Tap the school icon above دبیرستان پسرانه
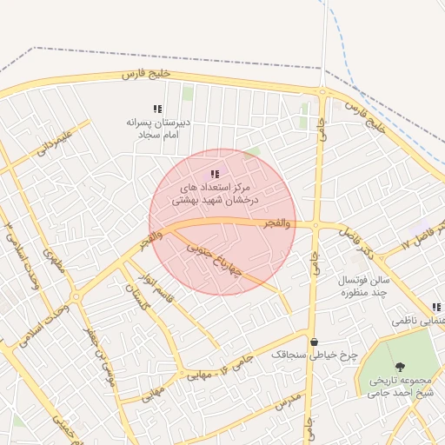click(157, 109)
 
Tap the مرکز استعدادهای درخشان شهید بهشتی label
click(214, 193)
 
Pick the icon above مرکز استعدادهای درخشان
click(215, 174)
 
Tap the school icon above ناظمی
click(436, 307)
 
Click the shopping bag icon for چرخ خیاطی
click(313, 342)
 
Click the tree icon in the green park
click(400, 368)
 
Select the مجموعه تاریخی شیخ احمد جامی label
click(400, 387)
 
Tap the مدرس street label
click(289, 402)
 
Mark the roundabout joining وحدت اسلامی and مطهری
click(76, 297)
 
